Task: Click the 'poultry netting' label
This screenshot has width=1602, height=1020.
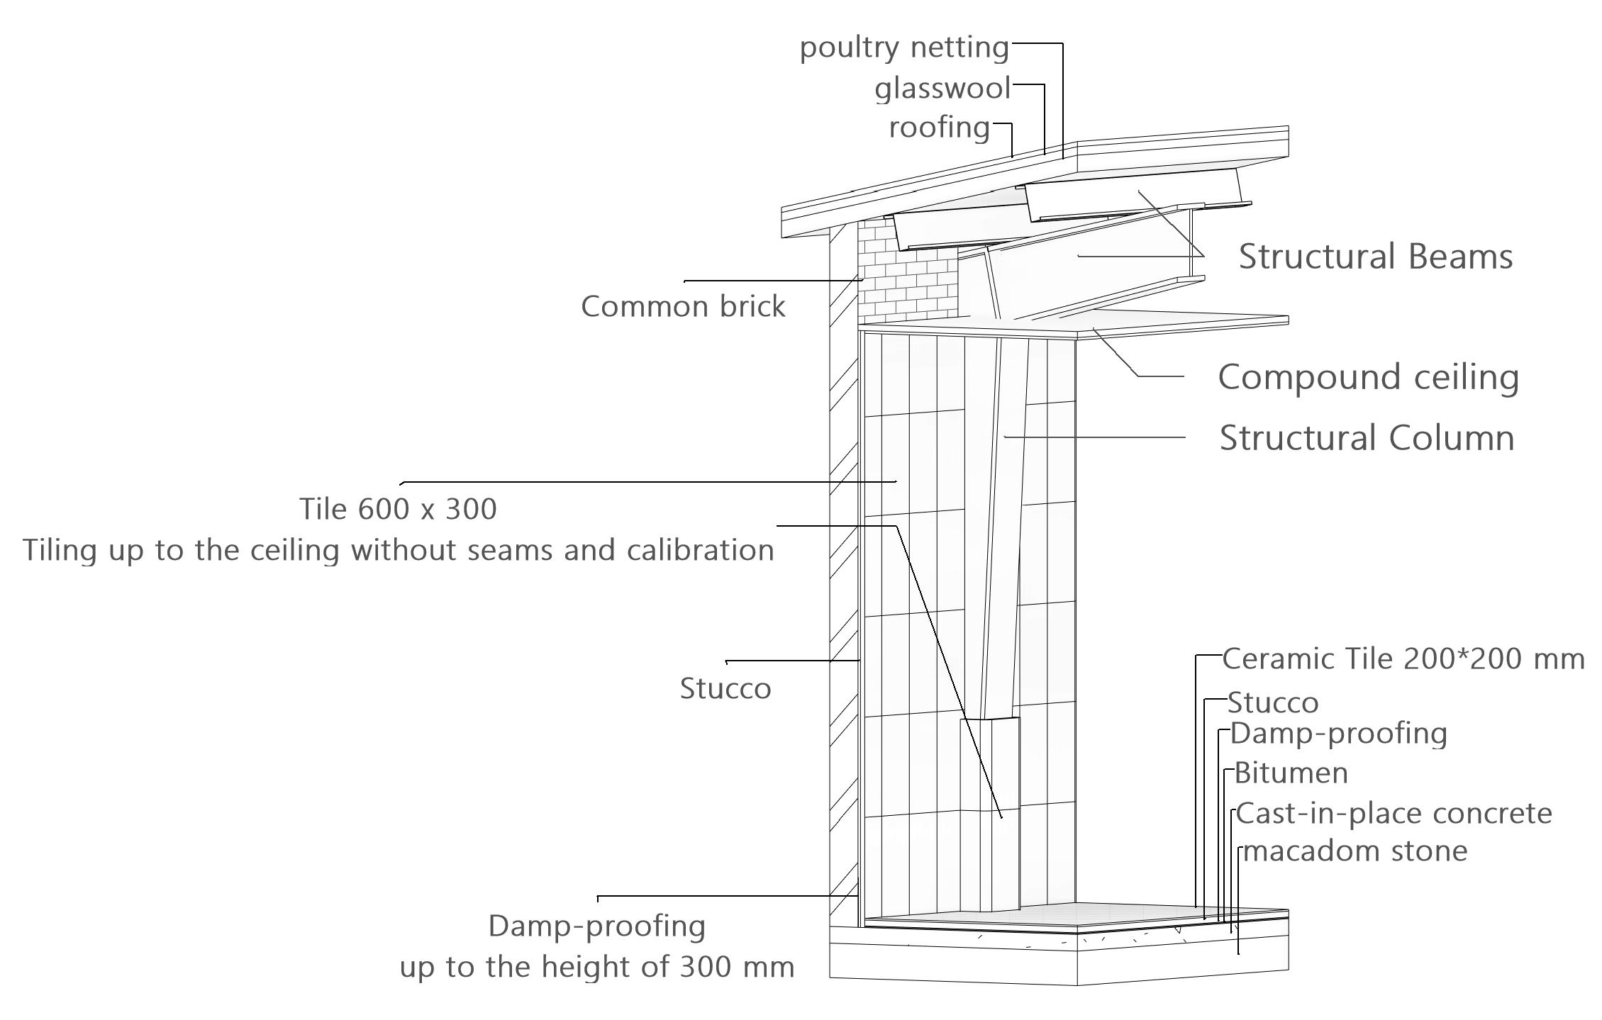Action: (904, 48)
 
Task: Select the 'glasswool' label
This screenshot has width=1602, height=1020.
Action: (942, 89)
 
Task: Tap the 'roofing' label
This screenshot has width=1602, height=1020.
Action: (940, 128)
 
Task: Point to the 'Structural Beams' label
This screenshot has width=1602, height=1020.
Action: (1375, 257)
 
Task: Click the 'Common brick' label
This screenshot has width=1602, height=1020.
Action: (683, 307)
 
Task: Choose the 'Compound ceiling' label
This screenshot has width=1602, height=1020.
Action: (1368, 377)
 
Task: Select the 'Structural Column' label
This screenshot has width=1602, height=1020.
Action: (1367, 438)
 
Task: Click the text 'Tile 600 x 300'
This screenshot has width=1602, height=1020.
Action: (398, 509)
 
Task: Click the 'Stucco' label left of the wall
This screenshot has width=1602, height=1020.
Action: (725, 689)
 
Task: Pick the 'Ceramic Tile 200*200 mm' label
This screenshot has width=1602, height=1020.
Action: (1403, 659)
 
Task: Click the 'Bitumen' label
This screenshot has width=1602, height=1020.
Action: (1291, 773)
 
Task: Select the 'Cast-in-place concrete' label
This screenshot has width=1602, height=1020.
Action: (1394, 813)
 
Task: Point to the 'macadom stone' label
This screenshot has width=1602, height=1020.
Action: (1355, 851)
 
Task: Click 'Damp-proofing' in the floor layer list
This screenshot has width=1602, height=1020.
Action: (1338, 734)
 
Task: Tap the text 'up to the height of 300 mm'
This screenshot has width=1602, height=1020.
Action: (597, 968)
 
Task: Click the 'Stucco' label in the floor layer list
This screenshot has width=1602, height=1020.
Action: (1273, 703)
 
